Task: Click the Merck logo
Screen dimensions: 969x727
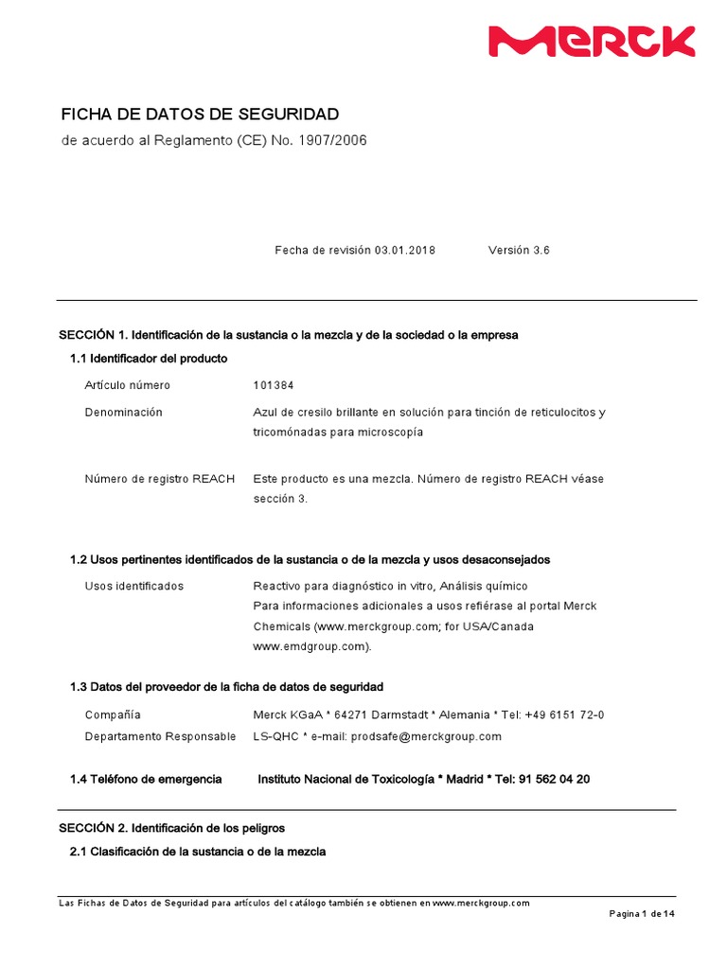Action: (x=591, y=42)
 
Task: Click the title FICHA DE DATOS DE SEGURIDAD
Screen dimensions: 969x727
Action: (x=200, y=115)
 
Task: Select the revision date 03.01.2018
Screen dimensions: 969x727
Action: (x=405, y=251)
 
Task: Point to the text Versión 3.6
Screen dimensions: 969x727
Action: (x=519, y=251)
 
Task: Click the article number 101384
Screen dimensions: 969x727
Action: (x=274, y=385)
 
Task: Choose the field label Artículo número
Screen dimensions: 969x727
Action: (x=128, y=385)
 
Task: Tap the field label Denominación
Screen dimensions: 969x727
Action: (x=123, y=413)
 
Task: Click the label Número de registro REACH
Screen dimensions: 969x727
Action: (x=160, y=479)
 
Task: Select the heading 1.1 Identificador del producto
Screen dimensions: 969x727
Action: (x=149, y=359)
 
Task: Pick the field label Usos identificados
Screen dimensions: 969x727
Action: (x=134, y=587)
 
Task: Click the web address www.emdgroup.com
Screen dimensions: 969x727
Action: (x=310, y=647)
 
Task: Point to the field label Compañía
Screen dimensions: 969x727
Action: (x=113, y=714)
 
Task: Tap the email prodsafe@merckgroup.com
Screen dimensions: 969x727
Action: (x=426, y=736)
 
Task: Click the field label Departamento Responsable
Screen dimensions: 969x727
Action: (x=160, y=736)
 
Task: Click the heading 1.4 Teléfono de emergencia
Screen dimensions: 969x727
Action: (x=146, y=779)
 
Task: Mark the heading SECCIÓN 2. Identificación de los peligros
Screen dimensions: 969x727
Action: (x=171, y=828)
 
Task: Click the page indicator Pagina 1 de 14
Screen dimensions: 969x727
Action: (x=641, y=914)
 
